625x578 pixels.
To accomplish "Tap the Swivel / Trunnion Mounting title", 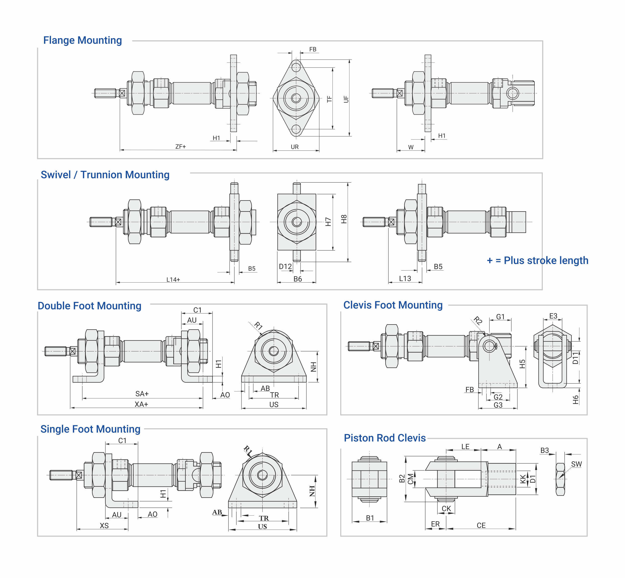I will pyautogui.click(x=105, y=175).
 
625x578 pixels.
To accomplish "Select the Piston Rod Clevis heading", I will pyautogui.click(x=385, y=438).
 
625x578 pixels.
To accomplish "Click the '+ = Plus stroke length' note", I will pyautogui.click(x=537, y=260).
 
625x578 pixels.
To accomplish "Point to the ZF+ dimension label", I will pyautogui.click(x=180, y=146).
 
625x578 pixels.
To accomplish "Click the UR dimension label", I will pyautogui.click(x=295, y=147).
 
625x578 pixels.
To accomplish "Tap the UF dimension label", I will pyautogui.click(x=346, y=99).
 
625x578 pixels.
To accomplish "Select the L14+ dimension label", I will pyautogui.click(x=173, y=279).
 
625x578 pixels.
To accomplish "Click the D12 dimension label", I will pyautogui.click(x=285, y=267).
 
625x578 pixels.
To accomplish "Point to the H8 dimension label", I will pyautogui.click(x=344, y=219).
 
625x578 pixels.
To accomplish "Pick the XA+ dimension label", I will pyautogui.click(x=141, y=404).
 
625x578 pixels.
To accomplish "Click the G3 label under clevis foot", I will pyautogui.click(x=498, y=405).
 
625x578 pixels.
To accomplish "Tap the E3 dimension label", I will pyautogui.click(x=553, y=316).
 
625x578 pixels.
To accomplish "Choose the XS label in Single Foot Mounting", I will pyautogui.click(x=104, y=526).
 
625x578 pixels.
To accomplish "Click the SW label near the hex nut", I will pyautogui.click(x=576, y=464).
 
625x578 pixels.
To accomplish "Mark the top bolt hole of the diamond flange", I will pyautogui.click(x=296, y=67).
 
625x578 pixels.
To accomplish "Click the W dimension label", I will pyautogui.click(x=411, y=147).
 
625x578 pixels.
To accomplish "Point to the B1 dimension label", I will pyautogui.click(x=370, y=518).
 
